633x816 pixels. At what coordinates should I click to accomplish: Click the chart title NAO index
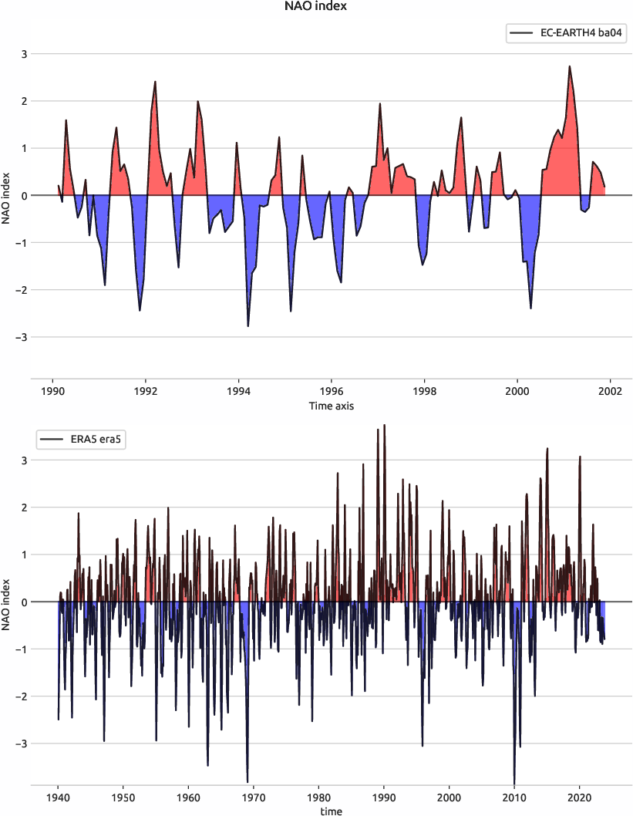[x=316, y=7]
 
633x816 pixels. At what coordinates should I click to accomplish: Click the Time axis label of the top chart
[x=332, y=405]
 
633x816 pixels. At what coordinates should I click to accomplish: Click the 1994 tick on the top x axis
[x=238, y=390]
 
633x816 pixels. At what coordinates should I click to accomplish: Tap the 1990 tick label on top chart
[x=52, y=390]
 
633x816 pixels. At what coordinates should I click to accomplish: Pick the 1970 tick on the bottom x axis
[x=254, y=797]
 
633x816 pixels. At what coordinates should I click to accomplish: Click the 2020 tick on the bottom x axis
[x=580, y=797]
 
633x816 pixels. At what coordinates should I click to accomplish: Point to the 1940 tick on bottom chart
[x=58, y=797]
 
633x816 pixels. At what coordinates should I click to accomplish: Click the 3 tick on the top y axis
[x=23, y=54]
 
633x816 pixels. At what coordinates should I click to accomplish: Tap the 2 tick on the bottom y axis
[x=23, y=507]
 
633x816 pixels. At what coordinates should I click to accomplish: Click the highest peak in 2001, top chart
[x=569, y=66]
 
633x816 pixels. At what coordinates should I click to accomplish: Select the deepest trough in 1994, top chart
[x=247, y=326]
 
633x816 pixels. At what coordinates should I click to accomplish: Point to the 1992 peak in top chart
[x=155, y=82]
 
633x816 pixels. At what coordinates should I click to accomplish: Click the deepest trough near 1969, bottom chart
[x=247, y=781]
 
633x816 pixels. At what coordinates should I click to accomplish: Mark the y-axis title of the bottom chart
[x=7, y=602]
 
